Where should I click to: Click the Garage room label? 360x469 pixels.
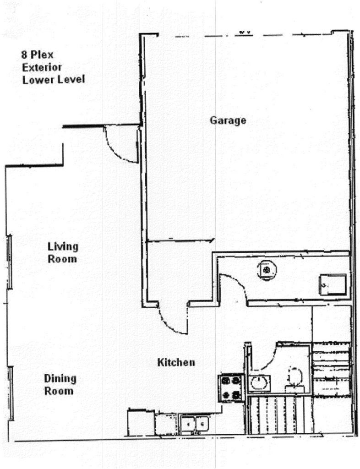[228, 120]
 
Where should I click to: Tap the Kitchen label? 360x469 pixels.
[176, 363]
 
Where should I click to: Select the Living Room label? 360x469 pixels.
[63, 253]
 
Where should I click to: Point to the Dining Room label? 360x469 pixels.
[60, 385]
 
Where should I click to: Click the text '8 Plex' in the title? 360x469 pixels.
[37, 55]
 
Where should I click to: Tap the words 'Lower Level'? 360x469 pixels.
[54, 80]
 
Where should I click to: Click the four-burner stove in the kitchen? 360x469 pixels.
[231, 387]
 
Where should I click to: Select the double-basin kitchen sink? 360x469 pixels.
[195, 424]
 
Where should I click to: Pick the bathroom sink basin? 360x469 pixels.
[259, 383]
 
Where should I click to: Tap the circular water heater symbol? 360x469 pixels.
[266, 270]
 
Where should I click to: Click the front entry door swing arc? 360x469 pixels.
[120, 146]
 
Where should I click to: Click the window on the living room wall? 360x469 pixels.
[9, 261]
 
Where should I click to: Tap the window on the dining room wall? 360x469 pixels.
[11, 393]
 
